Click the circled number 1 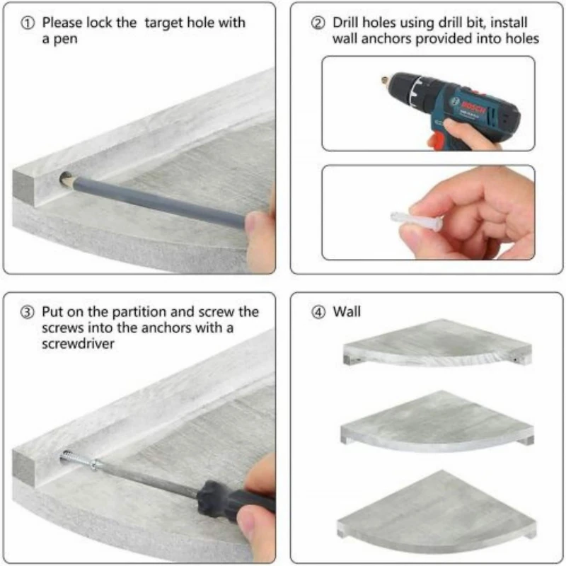coord(28,23)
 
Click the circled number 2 coord(318,23)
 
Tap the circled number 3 coord(27,313)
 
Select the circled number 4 coord(318,313)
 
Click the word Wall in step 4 coord(347,311)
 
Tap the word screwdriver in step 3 coord(78,344)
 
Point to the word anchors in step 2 coord(386,39)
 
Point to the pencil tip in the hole coord(65,178)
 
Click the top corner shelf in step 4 coord(437,342)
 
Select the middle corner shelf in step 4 coord(437,421)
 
